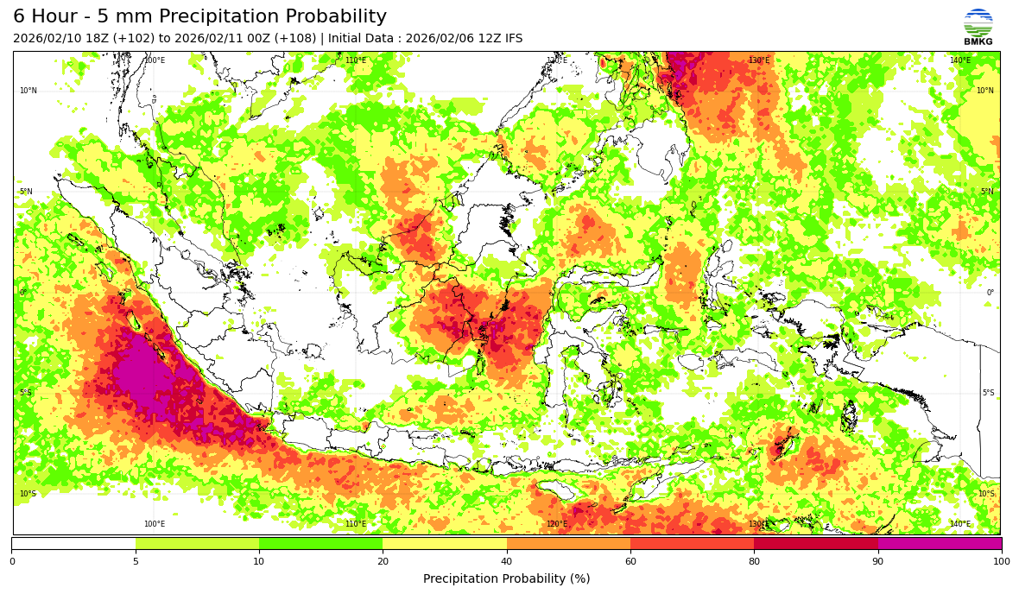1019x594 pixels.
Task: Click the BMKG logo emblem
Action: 978,22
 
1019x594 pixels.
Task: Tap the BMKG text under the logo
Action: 978,41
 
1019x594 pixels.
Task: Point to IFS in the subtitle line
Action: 513,39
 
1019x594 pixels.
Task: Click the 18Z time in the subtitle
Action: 101,39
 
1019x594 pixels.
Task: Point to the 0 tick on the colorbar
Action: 12,561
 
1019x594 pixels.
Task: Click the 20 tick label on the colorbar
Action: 383,561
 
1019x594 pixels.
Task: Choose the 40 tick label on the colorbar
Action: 507,561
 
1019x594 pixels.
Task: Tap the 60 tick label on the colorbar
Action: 630,561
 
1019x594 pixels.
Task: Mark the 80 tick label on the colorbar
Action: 754,561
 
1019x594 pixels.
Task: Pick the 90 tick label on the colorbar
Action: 878,561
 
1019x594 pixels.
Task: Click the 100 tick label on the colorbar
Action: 1000,561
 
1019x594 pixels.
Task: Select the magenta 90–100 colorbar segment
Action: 940,544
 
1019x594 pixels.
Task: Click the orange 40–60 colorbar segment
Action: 568,544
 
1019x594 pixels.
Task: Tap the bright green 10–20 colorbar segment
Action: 320,544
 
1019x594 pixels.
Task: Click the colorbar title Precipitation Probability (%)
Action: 507,578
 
